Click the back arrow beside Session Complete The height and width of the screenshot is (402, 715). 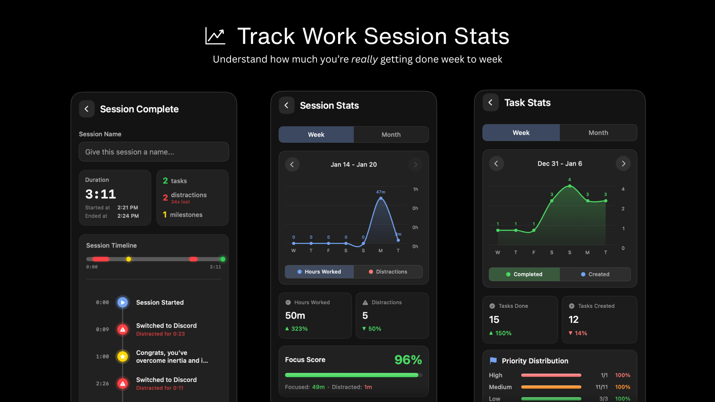pyautogui.click(x=86, y=109)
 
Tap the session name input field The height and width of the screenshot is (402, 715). pyautogui.click(x=153, y=152)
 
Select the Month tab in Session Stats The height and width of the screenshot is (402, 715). pyautogui.click(x=391, y=135)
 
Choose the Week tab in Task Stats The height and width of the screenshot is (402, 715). pyautogui.click(x=521, y=133)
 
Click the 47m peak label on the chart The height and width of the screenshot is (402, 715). pyautogui.click(x=381, y=192)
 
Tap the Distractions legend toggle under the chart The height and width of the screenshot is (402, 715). pyautogui.click(x=388, y=272)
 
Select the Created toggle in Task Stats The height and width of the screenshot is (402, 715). pyautogui.click(x=595, y=274)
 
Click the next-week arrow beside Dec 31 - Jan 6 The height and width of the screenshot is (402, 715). pyautogui.click(x=623, y=164)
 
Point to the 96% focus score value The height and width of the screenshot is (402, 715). pyautogui.click(x=408, y=360)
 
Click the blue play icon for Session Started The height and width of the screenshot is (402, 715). pyautogui.click(x=123, y=303)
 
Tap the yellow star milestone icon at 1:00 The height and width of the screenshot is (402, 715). pyautogui.click(x=123, y=357)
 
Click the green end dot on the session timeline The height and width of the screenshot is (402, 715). pyautogui.click(x=223, y=259)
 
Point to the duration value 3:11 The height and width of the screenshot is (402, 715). pyautogui.click(x=101, y=194)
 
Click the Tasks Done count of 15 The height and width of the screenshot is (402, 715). pyautogui.click(x=494, y=320)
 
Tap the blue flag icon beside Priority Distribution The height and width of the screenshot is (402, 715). pyautogui.click(x=493, y=361)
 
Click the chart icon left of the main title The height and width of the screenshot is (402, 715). pyautogui.click(x=215, y=36)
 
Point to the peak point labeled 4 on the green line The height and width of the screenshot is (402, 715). pyautogui.click(x=570, y=186)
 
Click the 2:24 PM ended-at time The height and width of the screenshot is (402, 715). pyautogui.click(x=128, y=216)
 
